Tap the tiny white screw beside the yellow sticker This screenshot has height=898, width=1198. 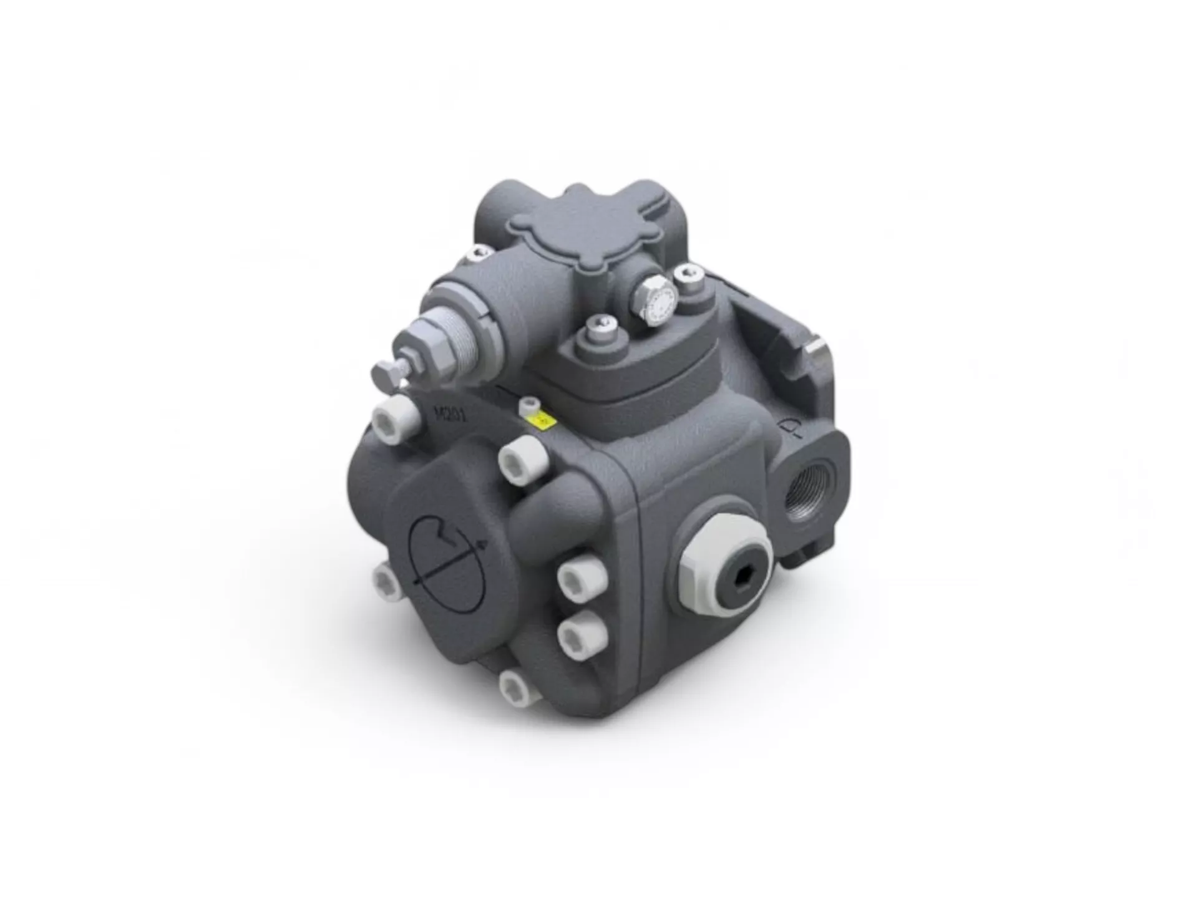(528, 407)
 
